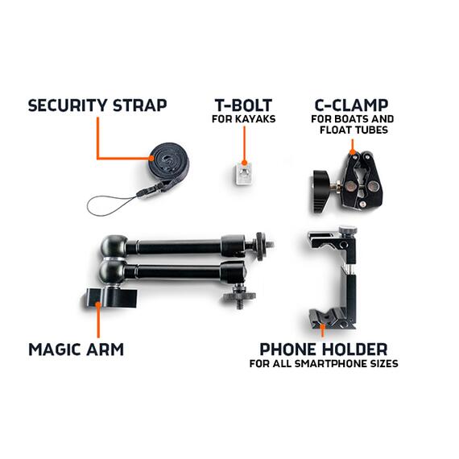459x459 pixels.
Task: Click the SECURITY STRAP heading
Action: coord(97,105)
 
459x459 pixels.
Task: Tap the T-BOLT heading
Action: coord(242,105)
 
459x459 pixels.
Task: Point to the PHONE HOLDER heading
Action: coord(323,349)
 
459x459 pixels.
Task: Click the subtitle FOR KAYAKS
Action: coord(242,121)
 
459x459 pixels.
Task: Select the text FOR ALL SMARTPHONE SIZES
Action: coord(323,364)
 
